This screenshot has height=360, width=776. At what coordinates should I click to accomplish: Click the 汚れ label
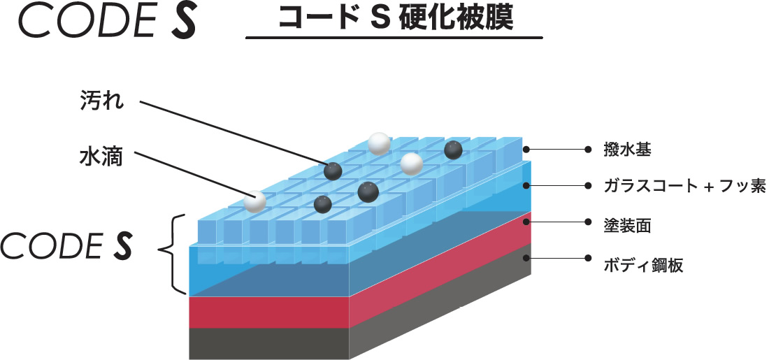[x=101, y=103]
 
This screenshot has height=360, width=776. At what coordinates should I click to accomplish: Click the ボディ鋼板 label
[x=643, y=265]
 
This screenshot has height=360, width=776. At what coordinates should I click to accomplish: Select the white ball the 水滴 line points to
[x=255, y=201]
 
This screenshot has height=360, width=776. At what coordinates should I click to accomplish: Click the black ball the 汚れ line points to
[x=333, y=171]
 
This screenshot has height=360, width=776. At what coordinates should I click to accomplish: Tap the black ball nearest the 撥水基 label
[x=453, y=150]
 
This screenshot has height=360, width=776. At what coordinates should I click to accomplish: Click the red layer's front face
[x=270, y=312]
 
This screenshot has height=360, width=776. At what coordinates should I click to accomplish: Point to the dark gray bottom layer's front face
[x=270, y=344]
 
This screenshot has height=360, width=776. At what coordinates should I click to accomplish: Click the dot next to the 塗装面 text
[x=588, y=222]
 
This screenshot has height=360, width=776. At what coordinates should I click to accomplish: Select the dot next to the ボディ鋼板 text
[x=588, y=258]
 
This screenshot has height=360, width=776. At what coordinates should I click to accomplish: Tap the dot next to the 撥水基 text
[x=588, y=149]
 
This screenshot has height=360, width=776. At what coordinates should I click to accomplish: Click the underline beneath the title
[x=394, y=38]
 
